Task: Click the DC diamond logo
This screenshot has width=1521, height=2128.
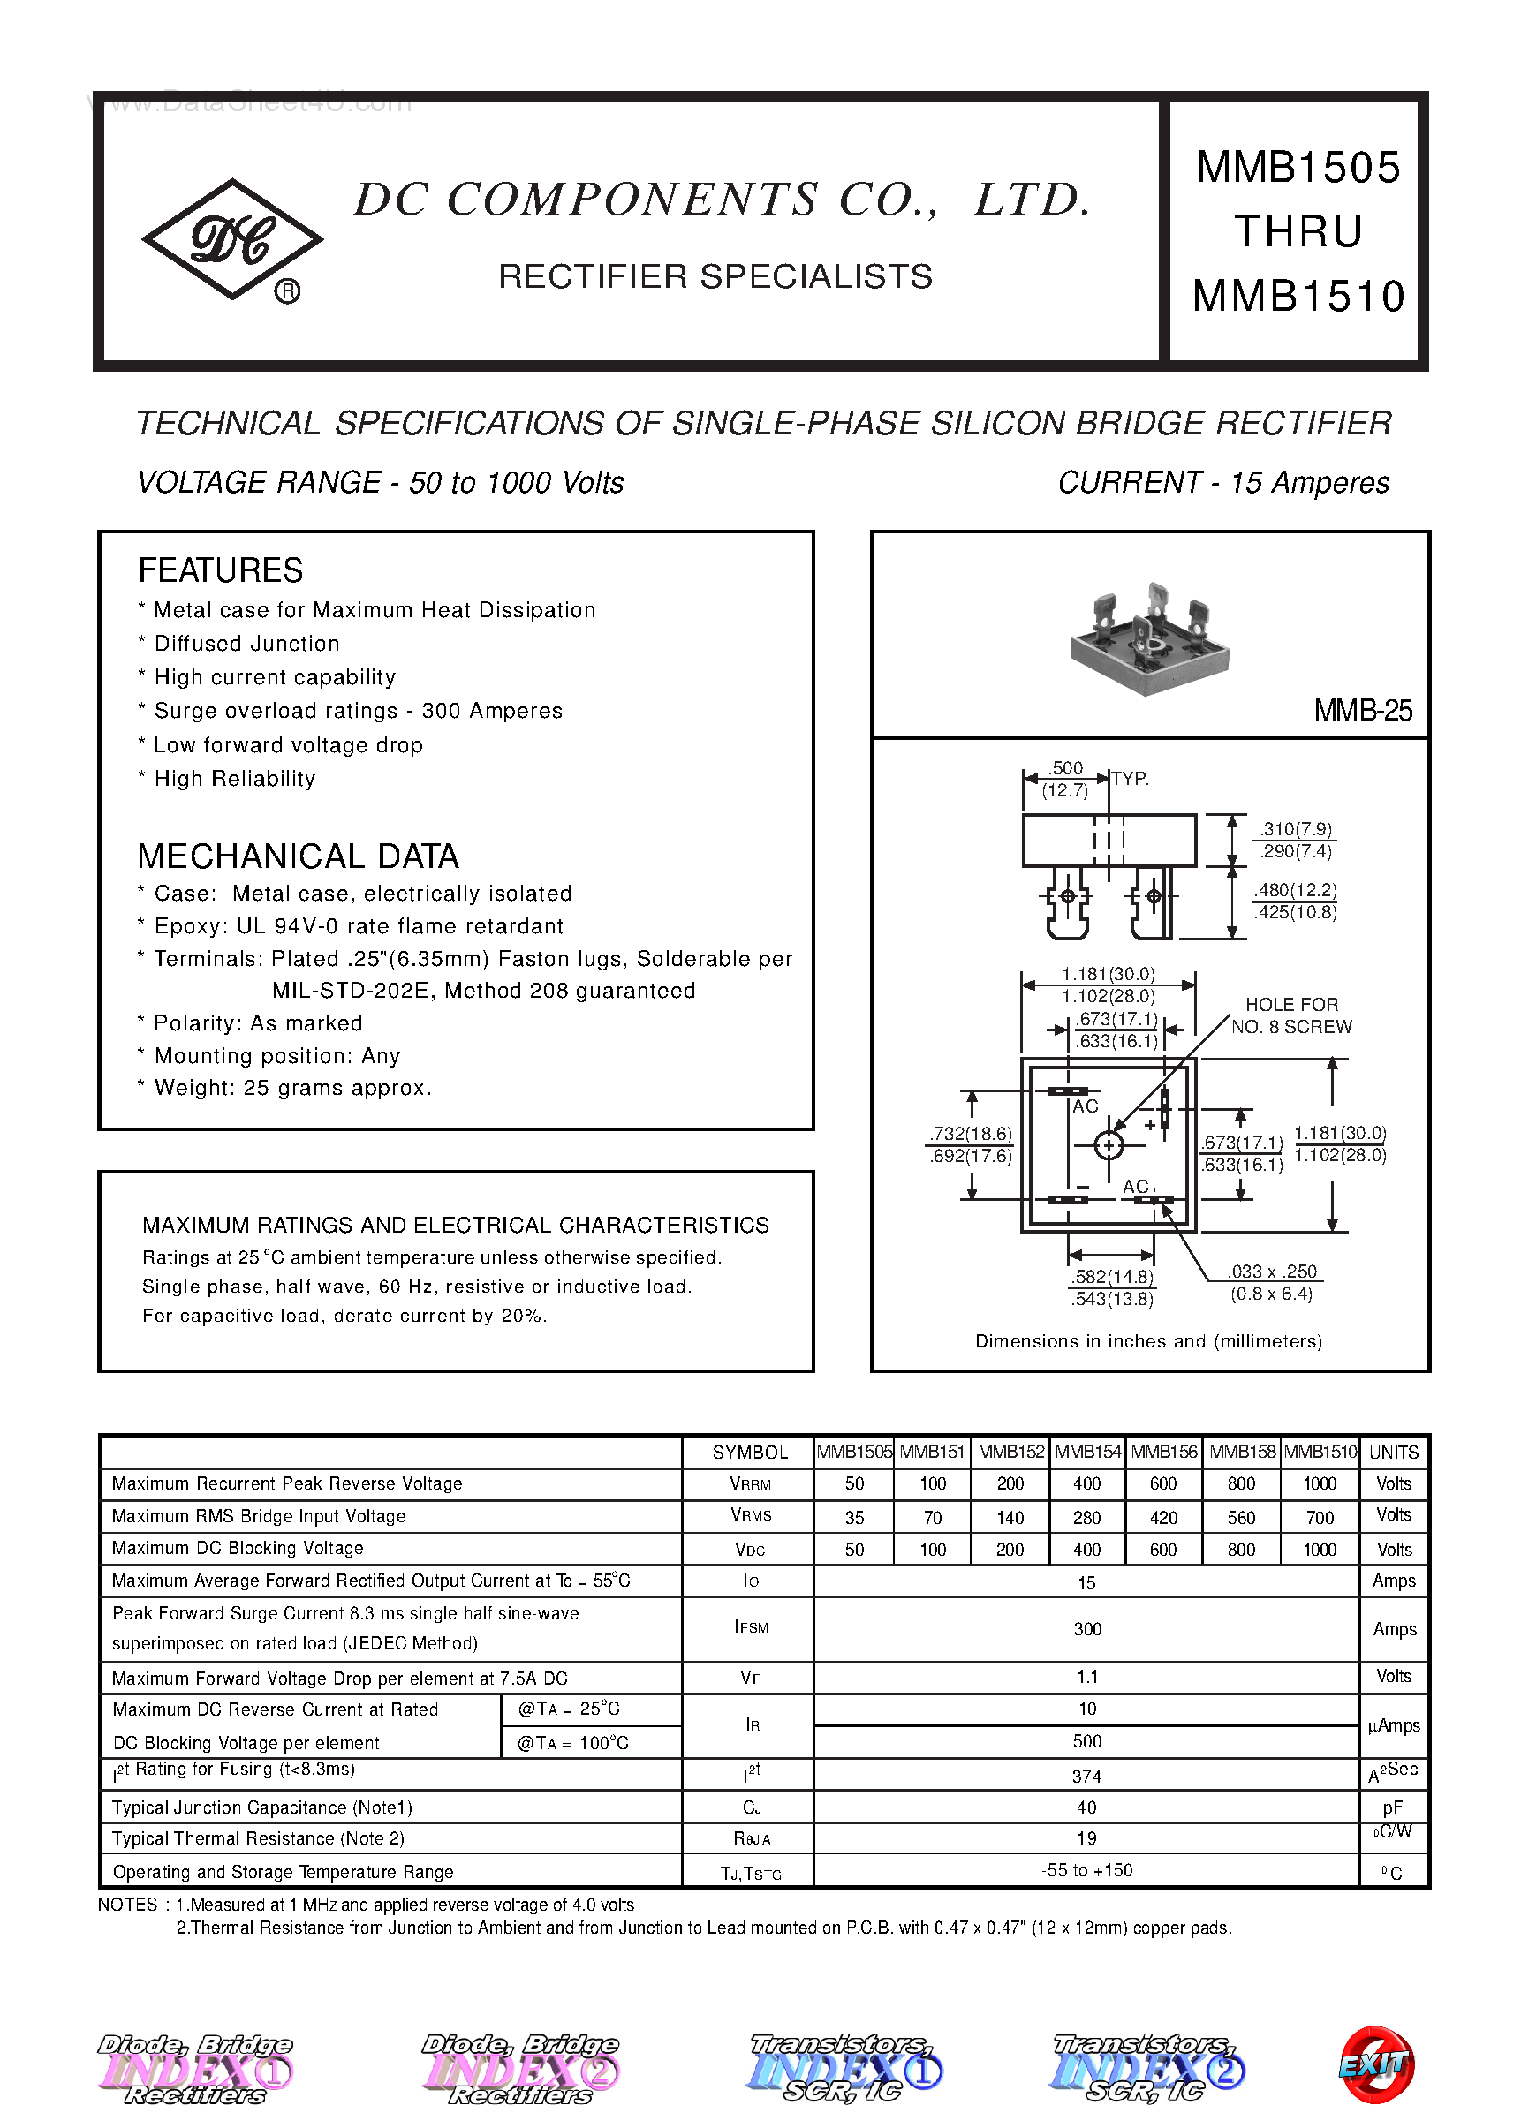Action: click(232, 239)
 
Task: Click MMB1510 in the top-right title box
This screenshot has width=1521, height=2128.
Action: click(1298, 297)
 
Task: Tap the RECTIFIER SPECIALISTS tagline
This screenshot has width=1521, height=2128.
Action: click(715, 276)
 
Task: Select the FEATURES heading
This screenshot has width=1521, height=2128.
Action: click(220, 570)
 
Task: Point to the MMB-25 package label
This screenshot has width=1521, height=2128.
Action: click(1362, 711)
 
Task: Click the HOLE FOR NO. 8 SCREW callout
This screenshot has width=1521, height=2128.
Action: click(1290, 1015)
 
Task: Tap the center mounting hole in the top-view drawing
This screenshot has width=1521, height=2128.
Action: click(1109, 1145)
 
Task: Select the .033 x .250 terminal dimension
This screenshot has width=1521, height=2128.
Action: click(1272, 1283)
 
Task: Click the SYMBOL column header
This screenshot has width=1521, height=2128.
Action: click(749, 1452)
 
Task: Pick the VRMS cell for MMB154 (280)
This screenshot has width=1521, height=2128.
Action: click(1086, 1518)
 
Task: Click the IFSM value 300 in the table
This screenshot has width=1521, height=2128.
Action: click(1086, 1629)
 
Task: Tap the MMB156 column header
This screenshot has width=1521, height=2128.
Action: click(1163, 1452)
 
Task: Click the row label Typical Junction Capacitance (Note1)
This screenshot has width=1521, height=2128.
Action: click(261, 1807)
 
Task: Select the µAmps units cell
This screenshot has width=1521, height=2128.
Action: click(1394, 1725)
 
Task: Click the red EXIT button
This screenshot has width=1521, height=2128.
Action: click(1376, 2064)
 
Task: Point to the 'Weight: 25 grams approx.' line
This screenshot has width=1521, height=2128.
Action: click(292, 1088)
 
